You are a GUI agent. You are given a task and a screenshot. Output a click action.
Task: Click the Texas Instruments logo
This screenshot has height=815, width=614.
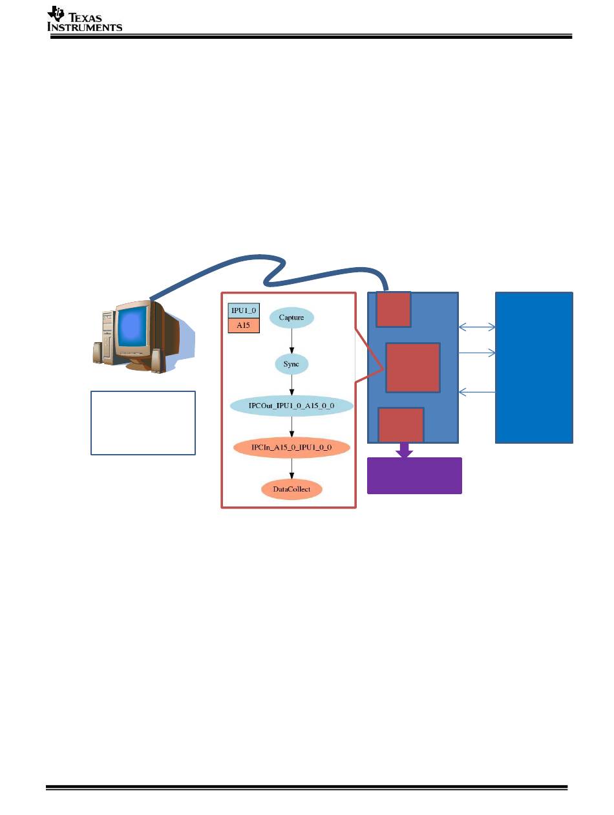point(84,19)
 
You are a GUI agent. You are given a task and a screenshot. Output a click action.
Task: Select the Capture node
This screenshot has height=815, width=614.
point(291,318)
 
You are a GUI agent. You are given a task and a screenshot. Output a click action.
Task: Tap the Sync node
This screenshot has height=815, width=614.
point(291,364)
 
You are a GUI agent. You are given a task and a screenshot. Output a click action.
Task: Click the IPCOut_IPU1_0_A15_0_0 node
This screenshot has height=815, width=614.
point(291,406)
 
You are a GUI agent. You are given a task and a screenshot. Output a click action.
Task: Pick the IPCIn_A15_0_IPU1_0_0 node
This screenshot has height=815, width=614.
point(291,447)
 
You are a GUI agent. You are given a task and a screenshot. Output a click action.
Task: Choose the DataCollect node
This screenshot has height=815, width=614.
point(291,489)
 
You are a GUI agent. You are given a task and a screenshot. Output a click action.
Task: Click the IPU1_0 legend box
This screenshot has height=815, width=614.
point(244,310)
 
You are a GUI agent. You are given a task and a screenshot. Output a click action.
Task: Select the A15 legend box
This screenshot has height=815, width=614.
point(244,325)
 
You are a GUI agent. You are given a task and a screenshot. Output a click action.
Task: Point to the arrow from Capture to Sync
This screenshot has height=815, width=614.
point(291,341)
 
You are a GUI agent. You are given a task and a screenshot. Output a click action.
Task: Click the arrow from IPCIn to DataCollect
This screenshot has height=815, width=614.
point(291,468)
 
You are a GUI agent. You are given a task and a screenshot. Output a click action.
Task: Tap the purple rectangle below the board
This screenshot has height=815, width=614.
point(414,475)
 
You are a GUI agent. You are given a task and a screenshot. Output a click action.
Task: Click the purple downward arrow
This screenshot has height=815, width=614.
point(404,450)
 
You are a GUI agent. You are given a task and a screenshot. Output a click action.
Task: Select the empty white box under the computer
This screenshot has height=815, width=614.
point(143,422)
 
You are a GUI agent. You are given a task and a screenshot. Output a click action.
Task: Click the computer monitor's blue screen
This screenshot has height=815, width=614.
point(133,327)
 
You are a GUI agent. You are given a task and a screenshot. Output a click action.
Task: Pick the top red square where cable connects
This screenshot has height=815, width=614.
point(393,309)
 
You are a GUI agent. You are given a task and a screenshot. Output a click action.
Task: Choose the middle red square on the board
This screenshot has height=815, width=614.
point(413,367)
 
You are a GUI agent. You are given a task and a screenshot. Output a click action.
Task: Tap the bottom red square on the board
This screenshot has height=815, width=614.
point(401,425)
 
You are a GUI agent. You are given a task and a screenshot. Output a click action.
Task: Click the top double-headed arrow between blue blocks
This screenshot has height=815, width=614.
point(477,327)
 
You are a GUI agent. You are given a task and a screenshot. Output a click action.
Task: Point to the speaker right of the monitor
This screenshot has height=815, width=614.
point(158,360)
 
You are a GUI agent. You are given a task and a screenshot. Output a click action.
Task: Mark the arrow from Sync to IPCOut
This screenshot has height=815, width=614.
point(291,385)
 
